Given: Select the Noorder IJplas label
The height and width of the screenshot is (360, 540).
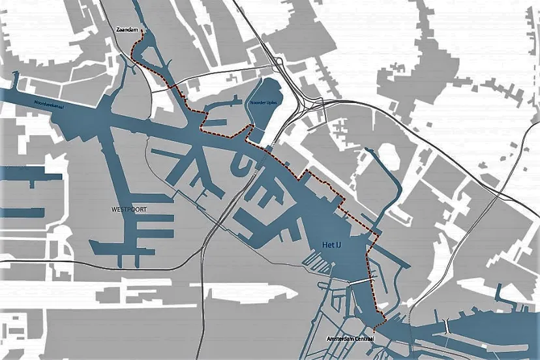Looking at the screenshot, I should click(x=263, y=103).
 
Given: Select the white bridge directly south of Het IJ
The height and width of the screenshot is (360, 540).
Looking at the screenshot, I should click(x=359, y=283).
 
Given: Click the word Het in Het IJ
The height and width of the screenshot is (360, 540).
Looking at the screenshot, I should click(x=327, y=245).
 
